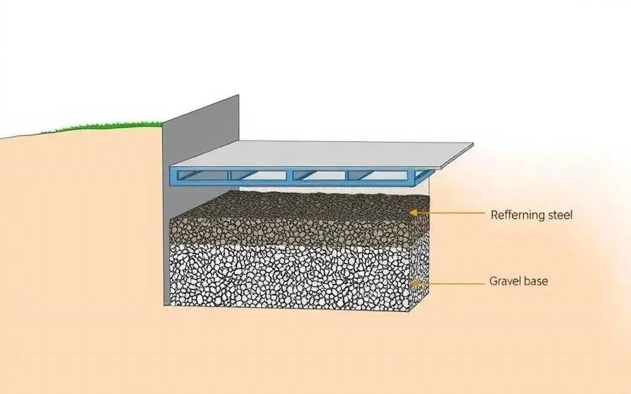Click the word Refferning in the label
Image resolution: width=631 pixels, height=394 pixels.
(x=518, y=215)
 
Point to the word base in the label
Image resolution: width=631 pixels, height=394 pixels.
(x=536, y=281)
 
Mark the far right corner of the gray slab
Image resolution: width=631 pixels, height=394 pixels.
(x=473, y=144)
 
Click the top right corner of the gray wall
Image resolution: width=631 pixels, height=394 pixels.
(x=238, y=95)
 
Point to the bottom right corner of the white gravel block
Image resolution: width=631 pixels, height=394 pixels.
(x=410, y=311)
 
